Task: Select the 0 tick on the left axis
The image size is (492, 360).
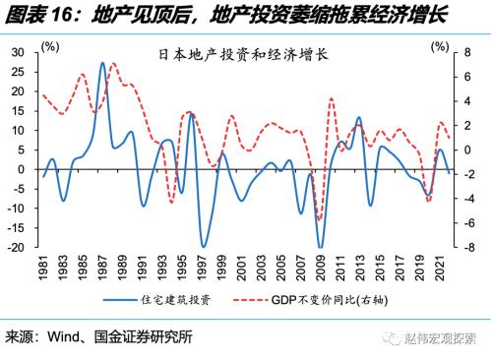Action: pyautogui.click(x=22, y=169)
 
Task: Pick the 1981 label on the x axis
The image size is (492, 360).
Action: pyautogui.click(x=44, y=270)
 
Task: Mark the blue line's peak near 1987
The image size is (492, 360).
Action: pyautogui.click(x=103, y=63)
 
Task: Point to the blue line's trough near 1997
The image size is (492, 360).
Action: pyautogui.click(x=203, y=246)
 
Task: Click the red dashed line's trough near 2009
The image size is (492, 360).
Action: pyautogui.click(x=320, y=220)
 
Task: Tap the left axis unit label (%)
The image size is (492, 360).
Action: pyautogui.click(x=51, y=45)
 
